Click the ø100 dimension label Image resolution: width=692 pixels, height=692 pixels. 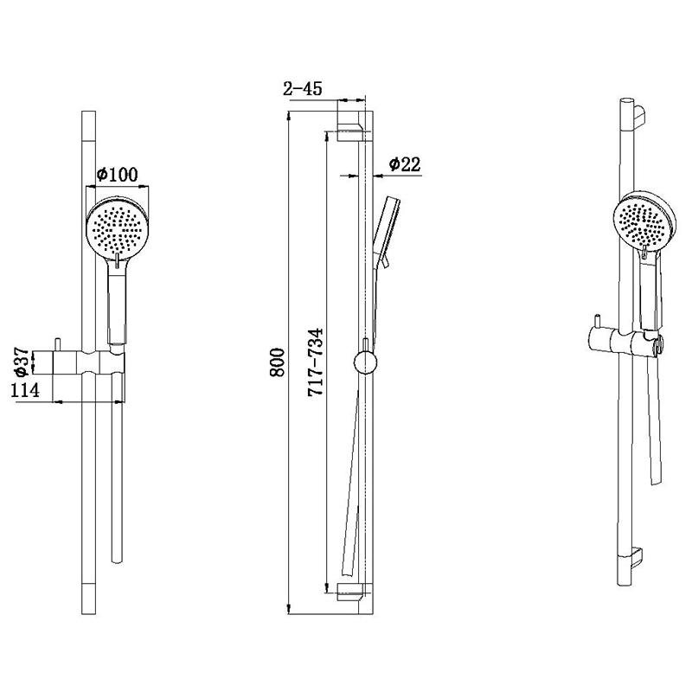pos(117,175)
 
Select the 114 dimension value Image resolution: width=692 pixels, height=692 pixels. pos(25,390)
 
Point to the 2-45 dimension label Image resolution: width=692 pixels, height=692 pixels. pos(303,89)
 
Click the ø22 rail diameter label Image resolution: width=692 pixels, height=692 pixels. pos(405,164)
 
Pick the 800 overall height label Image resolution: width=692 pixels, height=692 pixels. pos(278,362)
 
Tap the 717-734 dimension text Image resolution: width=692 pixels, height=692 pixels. pos(316,362)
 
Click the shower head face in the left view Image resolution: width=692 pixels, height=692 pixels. pos(117,227)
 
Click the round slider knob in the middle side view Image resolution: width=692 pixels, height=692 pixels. pos(365,362)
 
